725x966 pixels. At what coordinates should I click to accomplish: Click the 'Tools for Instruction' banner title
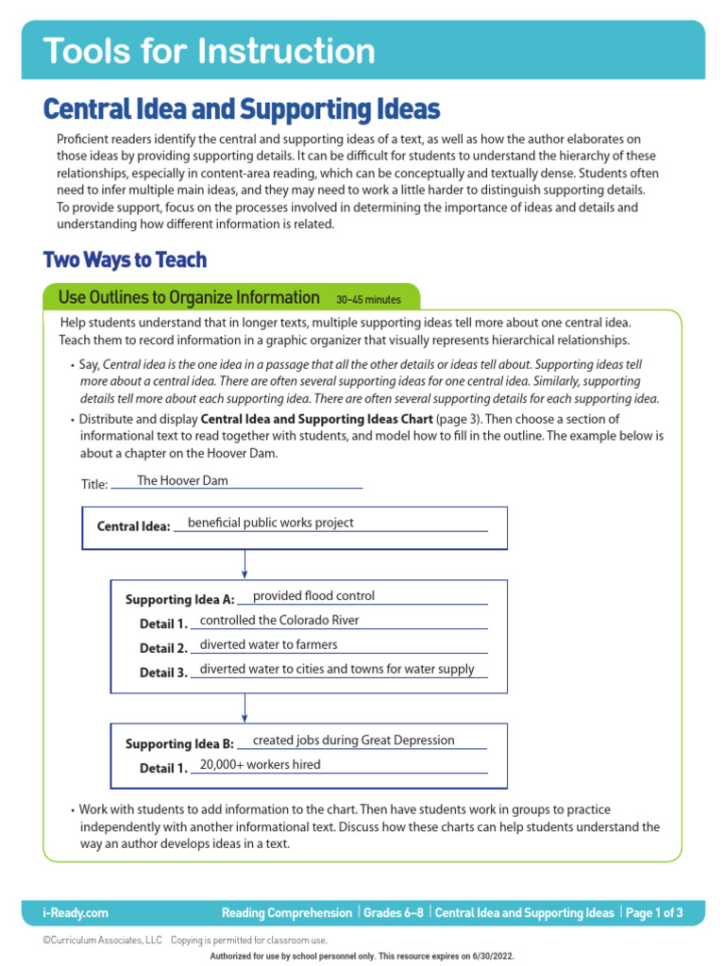coord(210,51)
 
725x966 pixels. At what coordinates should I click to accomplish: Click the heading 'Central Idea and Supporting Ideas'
coord(242,109)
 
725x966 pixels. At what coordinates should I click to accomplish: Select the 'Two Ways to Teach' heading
coord(125,259)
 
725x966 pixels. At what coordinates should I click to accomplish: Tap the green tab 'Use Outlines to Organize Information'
coord(189,298)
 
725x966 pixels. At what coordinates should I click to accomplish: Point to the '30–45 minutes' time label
coord(368,300)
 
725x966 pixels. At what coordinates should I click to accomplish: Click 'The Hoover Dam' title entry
coord(182,480)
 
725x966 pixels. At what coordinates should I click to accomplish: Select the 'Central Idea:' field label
coord(133,526)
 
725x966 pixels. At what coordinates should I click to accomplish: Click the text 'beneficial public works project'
coord(271,523)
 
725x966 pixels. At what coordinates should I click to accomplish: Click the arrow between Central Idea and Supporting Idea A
coord(244,564)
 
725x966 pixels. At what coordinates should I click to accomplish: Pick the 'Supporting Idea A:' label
coord(179,600)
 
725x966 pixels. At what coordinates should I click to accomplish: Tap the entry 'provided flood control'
coord(313,595)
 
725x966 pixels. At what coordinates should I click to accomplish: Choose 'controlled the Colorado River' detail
coord(279,620)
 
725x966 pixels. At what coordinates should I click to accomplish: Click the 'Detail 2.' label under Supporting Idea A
coord(163,649)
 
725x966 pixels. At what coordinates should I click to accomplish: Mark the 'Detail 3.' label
coord(163,674)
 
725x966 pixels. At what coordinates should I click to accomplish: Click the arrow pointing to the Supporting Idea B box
coord(244,708)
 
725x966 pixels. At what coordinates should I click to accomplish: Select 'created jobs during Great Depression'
coord(353,741)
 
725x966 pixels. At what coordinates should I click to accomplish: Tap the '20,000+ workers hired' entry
coord(260,764)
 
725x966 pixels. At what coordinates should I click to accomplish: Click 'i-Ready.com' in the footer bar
coord(76,913)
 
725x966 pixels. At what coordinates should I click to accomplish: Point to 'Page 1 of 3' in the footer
coord(653,913)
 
